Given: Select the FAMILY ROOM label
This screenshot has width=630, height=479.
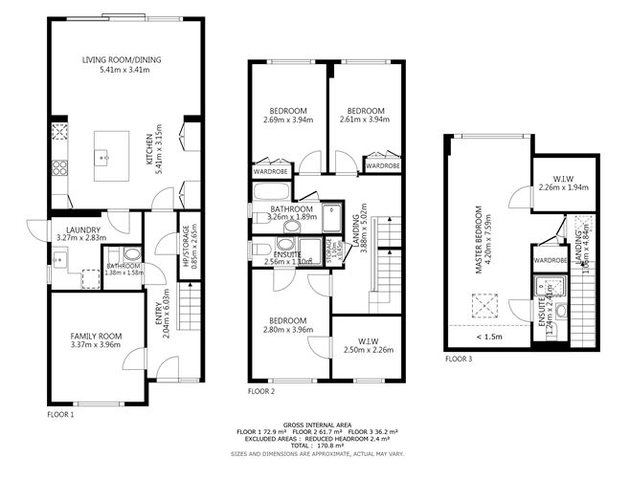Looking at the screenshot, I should coord(97,336).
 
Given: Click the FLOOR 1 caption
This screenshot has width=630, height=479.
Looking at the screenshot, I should coord(60,415).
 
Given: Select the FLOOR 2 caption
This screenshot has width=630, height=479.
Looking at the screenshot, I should coord(261,392).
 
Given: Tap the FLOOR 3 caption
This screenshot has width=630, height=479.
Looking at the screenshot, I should coord(459,359).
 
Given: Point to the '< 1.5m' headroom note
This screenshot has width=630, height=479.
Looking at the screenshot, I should coord(487,337).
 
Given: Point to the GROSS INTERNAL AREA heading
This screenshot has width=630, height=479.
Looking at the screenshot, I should coord(314,425).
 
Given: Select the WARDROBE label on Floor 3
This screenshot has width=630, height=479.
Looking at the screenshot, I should coord(551,259).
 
